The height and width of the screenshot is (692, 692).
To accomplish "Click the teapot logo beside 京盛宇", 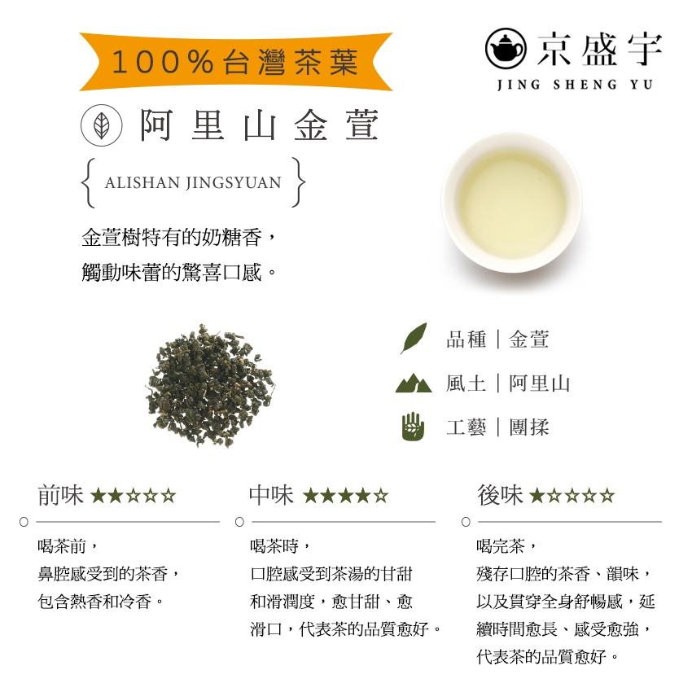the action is [x=506, y=49].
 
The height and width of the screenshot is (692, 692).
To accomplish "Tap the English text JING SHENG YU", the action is [x=575, y=85].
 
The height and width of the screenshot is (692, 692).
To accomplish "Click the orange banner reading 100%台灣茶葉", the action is [x=235, y=61].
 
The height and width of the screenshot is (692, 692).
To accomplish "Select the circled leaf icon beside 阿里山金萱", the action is [x=102, y=125].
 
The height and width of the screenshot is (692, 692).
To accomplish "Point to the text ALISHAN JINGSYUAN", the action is [x=193, y=182].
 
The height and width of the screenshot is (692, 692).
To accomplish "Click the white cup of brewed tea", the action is [x=511, y=203].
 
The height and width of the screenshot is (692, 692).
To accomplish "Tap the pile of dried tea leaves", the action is [x=209, y=385].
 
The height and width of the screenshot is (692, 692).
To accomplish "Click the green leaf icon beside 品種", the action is [x=414, y=338].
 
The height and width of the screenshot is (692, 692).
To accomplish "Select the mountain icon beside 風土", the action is [x=414, y=383].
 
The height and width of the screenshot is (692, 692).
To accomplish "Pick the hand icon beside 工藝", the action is [x=413, y=426].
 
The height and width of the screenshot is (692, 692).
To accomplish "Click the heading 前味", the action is [x=60, y=495].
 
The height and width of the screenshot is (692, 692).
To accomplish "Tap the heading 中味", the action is [x=271, y=495].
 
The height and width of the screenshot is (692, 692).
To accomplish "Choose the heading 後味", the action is [x=500, y=495].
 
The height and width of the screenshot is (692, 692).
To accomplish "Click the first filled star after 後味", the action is [x=537, y=496].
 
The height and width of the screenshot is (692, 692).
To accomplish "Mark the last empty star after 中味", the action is [x=381, y=496].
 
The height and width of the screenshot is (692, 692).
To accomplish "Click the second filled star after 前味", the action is [x=116, y=496].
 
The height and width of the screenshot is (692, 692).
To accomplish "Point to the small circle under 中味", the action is [x=239, y=522].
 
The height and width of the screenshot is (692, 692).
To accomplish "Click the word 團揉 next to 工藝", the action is [x=528, y=427].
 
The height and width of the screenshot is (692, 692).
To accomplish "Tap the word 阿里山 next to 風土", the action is [x=539, y=383].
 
